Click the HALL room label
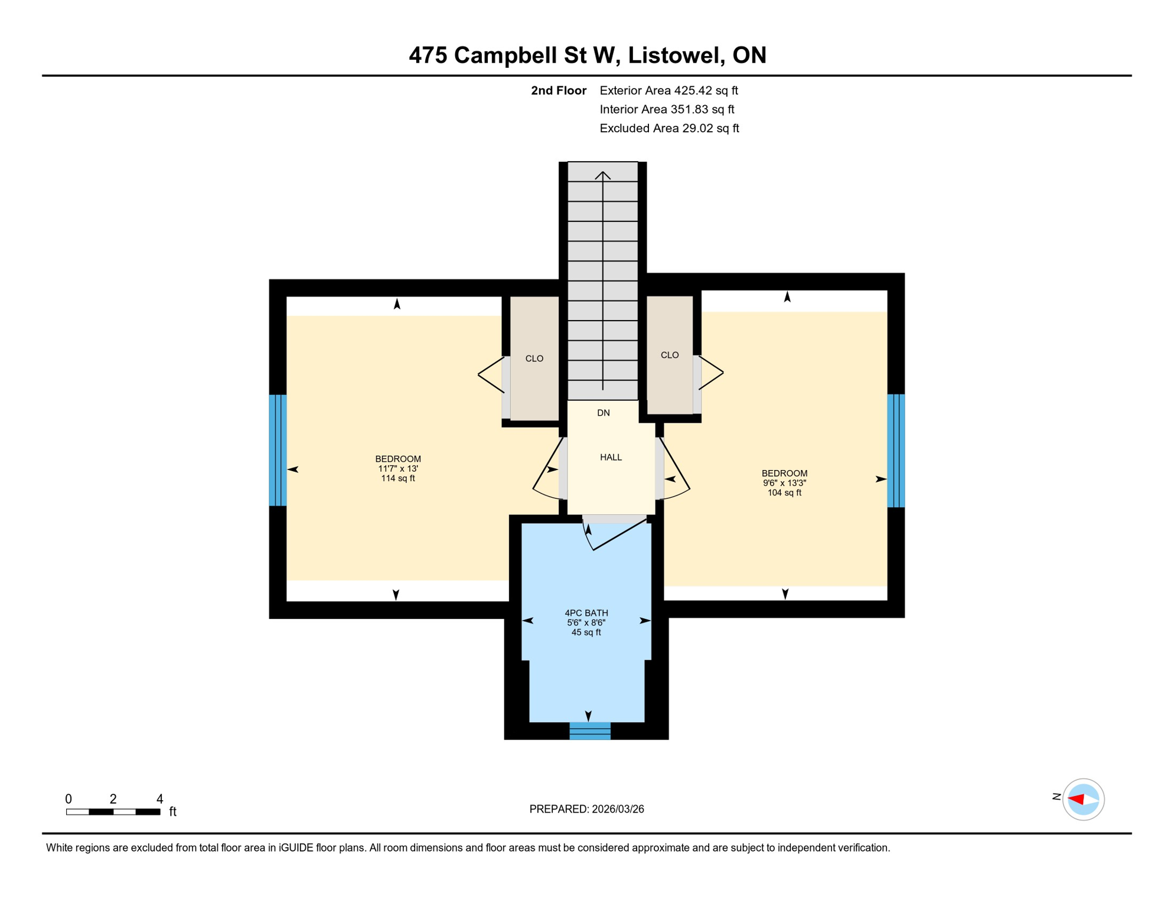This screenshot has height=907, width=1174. click(x=611, y=457)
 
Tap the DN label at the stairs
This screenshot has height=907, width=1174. click(x=603, y=413)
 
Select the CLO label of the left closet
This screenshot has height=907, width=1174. click(x=534, y=358)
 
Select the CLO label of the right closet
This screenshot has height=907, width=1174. click(x=669, y=355)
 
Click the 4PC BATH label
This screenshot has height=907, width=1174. click(x=586, y=613)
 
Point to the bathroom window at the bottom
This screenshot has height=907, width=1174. click(x=589, y=730)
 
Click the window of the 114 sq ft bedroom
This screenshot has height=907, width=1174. click(x=278, y=450)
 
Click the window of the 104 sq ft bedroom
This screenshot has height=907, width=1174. click(x=895, y=451)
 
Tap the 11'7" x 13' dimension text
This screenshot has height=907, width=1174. click(x=398, y=469)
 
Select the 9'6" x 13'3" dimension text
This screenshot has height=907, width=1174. click(x=784, y=483)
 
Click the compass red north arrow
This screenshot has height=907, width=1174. click(x=1076, y=799)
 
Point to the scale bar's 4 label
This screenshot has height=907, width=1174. click(x=159, y=799)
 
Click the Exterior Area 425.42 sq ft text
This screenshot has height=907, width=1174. click(x=668, y=90)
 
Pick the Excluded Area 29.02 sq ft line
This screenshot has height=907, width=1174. click(x=668, y=128)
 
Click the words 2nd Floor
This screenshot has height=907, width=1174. click(x=558, y=90)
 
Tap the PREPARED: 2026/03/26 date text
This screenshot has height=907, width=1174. click(x=586, y=809)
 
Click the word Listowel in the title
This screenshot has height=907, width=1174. click(x=675, y=55)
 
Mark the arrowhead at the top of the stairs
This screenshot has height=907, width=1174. click(x=602, y=175)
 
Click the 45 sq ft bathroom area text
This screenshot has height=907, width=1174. click(x=586, y=632)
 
